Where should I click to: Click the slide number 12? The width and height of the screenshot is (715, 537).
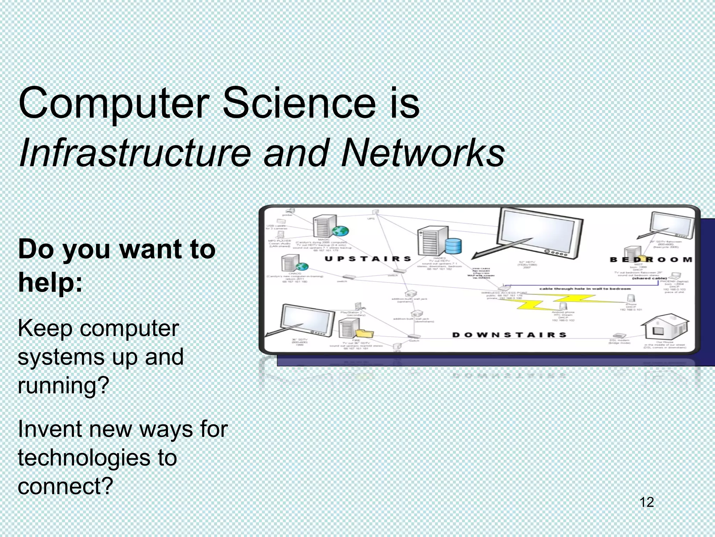647,502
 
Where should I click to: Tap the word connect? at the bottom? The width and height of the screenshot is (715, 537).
66,486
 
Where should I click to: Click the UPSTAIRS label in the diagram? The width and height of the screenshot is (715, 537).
368,259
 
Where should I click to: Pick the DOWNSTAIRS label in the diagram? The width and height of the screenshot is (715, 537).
509,335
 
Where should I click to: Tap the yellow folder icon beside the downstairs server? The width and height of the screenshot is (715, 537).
364,334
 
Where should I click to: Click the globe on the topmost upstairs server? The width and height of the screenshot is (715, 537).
340,231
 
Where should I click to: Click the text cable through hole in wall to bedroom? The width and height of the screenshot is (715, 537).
585,289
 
